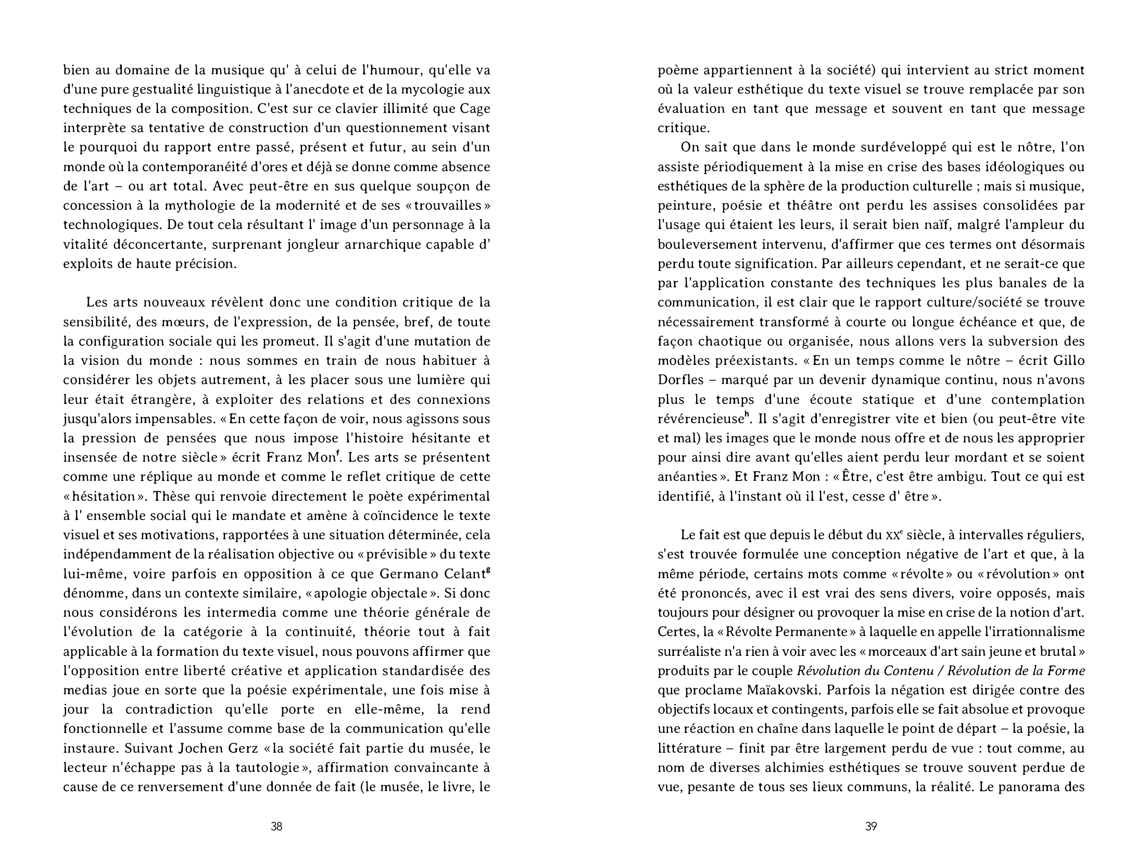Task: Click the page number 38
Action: point(276,826)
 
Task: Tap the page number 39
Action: point(871,826)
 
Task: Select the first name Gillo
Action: point(1068,361)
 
